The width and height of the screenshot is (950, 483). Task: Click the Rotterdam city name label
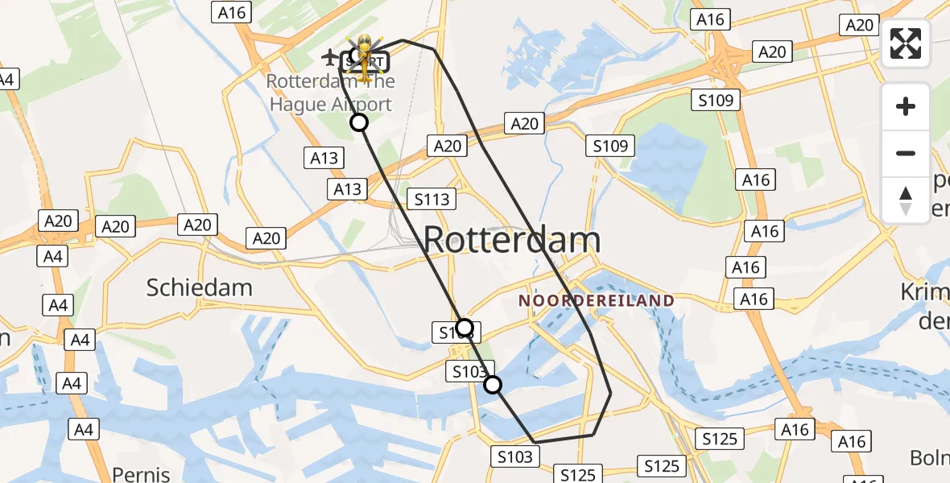coord(511,240)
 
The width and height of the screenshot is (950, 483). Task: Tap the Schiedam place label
coord(200,287)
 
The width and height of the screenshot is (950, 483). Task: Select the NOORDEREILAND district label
coord(597,300)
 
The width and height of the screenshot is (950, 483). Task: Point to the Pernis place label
coord(141,473)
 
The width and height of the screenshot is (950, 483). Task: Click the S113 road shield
coord(432,199)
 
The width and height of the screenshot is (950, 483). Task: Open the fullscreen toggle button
coord(906,43)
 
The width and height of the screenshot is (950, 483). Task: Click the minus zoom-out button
coord(906,153)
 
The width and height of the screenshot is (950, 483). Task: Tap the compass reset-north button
coord(906,200)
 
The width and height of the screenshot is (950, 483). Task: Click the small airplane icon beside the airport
coord(329,57)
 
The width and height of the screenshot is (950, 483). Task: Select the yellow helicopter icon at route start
coord(366,56)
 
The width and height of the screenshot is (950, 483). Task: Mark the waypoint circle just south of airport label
coord(358,122)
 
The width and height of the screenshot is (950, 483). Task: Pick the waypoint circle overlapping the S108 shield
coord(464,327)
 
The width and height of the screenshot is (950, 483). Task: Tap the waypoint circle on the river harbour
coord(493,385)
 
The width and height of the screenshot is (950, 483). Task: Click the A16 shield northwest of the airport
coord(232,12)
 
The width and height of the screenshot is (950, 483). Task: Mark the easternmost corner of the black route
coord(611,392)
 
